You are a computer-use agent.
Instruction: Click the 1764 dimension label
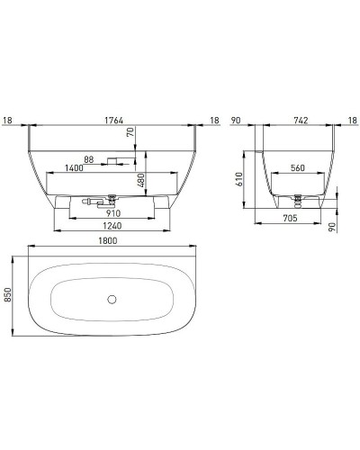point(112,118)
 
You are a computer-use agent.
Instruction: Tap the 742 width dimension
point(301,118)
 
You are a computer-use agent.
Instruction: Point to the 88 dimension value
point(88,160)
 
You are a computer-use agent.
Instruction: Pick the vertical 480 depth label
point(142,182)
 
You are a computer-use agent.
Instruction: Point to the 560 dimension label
point(301,166)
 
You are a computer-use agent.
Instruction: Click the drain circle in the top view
point(112,298)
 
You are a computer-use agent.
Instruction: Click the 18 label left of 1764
point(8,118)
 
